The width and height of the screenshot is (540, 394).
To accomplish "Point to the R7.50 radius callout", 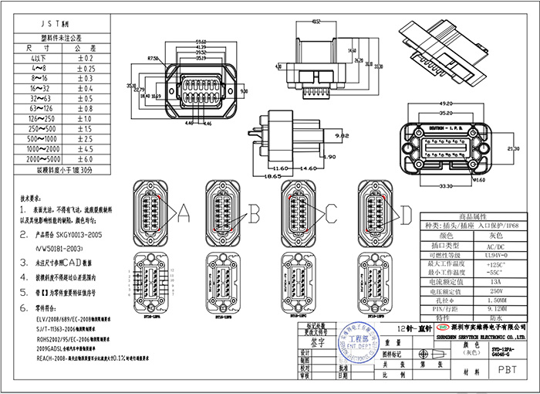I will click(152, 57).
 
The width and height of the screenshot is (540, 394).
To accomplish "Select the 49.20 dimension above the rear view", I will click(446, 102).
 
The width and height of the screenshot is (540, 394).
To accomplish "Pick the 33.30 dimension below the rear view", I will click(445, 186).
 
